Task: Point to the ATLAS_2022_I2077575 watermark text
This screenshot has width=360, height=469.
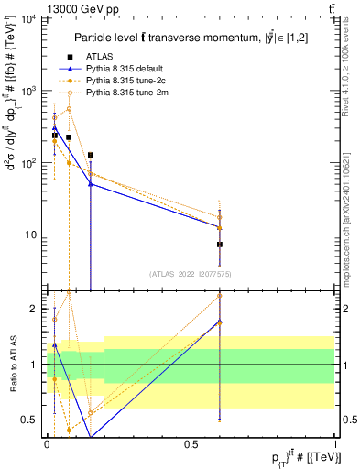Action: click(190, 274)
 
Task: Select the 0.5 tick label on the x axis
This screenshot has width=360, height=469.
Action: click(191, 443)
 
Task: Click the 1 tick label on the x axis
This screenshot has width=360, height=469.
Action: click(334, 443)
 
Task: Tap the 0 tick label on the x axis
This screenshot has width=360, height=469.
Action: click(47, 443)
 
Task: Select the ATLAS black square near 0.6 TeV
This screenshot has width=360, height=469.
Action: click(220, 245)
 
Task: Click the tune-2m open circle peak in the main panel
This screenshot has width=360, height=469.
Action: click(69, 108)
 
